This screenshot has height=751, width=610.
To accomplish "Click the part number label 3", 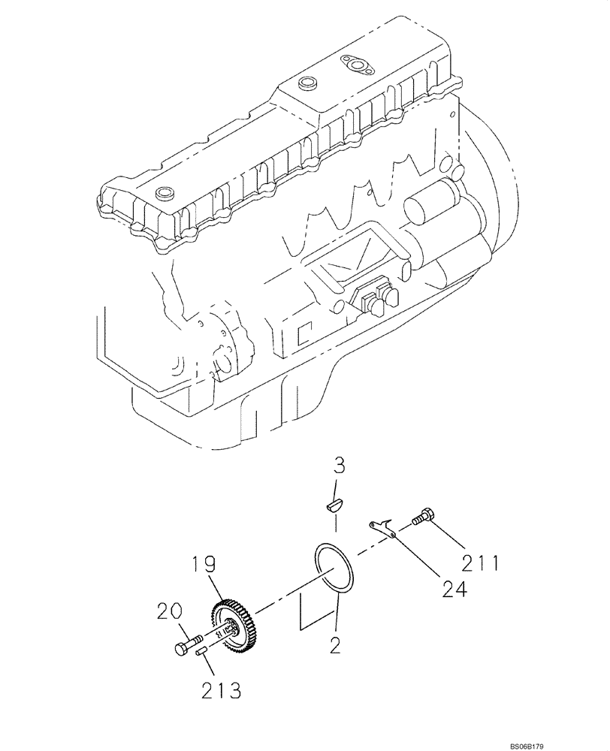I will [339, 466].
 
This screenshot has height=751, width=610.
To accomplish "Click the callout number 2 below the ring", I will [335, 644].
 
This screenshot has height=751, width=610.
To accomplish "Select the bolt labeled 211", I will [423, 517].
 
